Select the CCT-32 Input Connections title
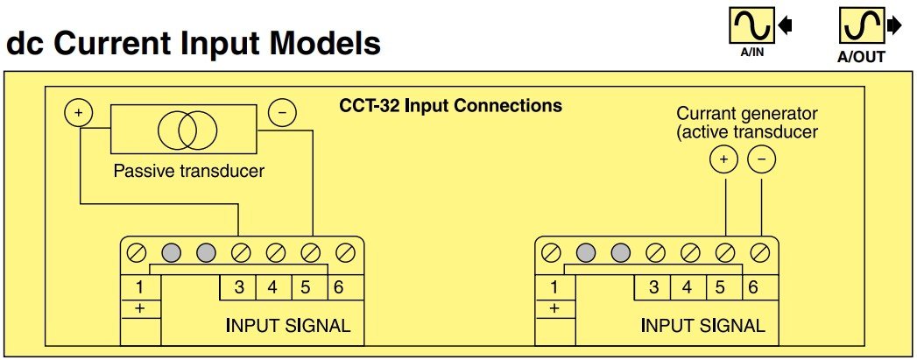pyautogui.click(x=450, y=107)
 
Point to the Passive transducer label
pyautogui.click(x=188, y=171)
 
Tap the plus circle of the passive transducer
pyautogui.click(x=78, y=113)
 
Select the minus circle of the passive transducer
pyautogui.click(x=281, y=113)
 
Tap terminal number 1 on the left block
pyautogui.click(x=139, y=287)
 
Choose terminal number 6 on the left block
pyautogui.click(x=337, y=287)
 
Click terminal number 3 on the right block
pyautogui.click(x=652, y=287)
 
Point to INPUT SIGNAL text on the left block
pyautogui.click(x=288, y=326)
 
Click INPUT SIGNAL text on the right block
pyautogui.click(x=702, y=326)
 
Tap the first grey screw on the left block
pyautogui.click(x=171, y=254)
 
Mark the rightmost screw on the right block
pyautogui.click(x=760, y=254)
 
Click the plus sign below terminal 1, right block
pyautogui.click(x=554, y=308)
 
